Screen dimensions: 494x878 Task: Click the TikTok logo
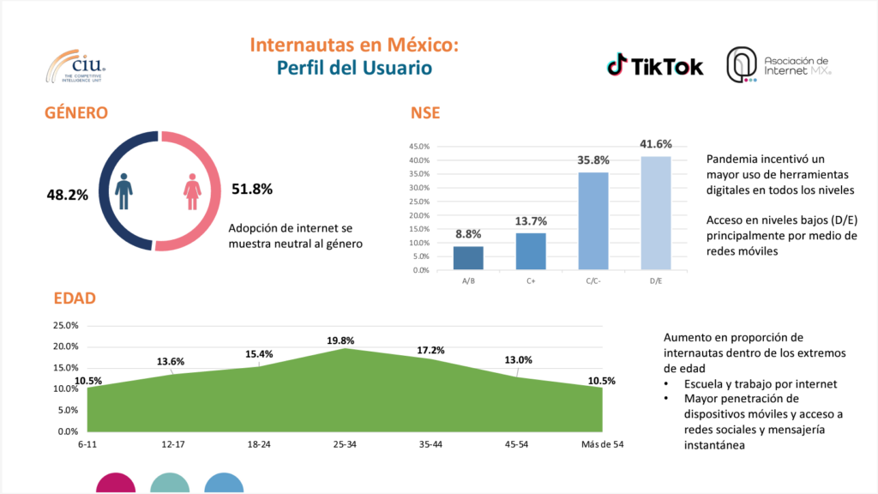click(x=655, y=65)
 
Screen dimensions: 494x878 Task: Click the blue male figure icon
click(x=124, y=191)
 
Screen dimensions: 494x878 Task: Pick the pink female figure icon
click(x=192, y=191)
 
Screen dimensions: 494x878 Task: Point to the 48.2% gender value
click(x=67, y=195)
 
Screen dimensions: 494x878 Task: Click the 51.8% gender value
click(x=252, y=189)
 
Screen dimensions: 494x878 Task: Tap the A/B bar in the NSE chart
click(x=468, y=257)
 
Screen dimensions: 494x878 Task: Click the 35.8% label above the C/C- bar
click(x=592, y=160)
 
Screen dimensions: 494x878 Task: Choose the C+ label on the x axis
click(x=531, y=280)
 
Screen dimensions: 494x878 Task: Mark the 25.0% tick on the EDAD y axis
click(x=66, y=326)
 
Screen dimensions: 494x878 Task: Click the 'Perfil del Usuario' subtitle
click(x=354, y=67)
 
